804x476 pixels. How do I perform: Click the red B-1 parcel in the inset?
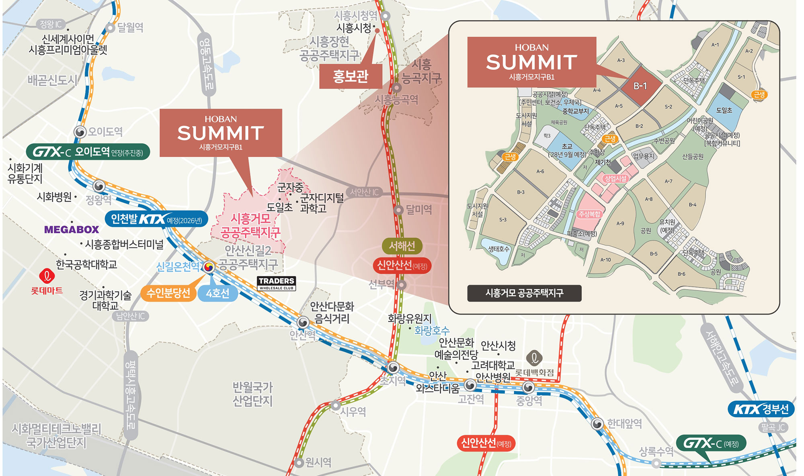coord(640,86)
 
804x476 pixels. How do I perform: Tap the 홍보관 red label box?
coord(350,76)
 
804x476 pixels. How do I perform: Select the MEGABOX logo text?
coord(72,230)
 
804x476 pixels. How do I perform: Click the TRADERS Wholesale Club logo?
coord(277,283)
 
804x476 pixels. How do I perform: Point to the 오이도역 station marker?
coord(80,132)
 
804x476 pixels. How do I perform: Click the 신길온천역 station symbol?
coord(209,266)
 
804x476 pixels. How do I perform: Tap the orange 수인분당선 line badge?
coord(168,293)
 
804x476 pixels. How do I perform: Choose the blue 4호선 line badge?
coord(217,294)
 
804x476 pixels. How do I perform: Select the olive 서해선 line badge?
coord(402,246)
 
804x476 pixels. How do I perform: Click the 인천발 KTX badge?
coord(156,219)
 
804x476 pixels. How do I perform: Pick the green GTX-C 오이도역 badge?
coord(88,152)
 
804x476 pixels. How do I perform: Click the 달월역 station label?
coord(130,28)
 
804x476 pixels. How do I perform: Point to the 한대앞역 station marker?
coord(597,424)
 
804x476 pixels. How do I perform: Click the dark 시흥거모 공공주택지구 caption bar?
coord(524,293)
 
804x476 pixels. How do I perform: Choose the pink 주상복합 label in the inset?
coord(589,214)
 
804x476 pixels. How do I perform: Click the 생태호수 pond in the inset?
coord(498,249)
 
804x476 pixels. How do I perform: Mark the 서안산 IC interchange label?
coord(364,192)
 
